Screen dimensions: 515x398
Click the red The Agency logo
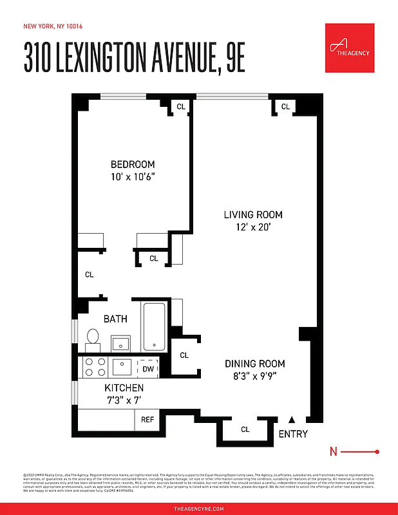pos(350,48)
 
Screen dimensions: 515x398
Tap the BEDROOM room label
pos(133,164)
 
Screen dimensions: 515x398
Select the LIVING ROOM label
pos(253,214)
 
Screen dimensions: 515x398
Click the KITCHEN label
pos(124,388)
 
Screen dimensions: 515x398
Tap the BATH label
pos(115,319)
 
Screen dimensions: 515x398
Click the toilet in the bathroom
pos(93,339)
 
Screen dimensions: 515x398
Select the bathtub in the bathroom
pos(154,326)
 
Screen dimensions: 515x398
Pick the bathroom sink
pos(121,342)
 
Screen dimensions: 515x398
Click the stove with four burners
pos(95,367)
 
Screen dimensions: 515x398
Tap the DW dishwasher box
pos(148,369)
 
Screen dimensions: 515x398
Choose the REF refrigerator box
pos(147,419)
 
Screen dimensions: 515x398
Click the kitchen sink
pos(122,367)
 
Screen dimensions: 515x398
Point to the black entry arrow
pos(292,419)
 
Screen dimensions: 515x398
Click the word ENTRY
pos(293,434)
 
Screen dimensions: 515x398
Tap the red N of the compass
pos(333,452)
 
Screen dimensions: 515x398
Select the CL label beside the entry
pos(245,429)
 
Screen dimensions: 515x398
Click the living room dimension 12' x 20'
pos(253,227)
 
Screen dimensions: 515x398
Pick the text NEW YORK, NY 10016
pos(53,26)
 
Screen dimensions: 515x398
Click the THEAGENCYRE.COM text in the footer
pos(199,509)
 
